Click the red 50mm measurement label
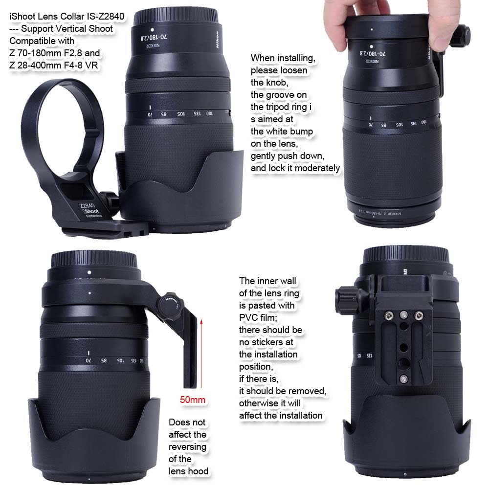193,400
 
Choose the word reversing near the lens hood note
187,447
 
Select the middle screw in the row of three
403,315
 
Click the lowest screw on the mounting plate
403,378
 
